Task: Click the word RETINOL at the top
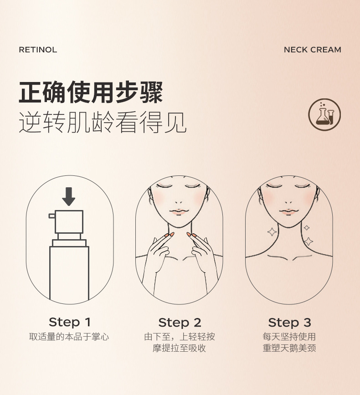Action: point(38,50)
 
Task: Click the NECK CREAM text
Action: point(312,50)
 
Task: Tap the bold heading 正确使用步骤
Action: point(91,92)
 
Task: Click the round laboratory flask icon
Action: point(324,114)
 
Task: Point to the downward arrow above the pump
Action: point(69,196)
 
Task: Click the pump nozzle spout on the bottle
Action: point(51,215)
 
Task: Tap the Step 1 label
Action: point(70,322)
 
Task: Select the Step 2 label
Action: point(180,323)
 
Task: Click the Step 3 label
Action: point(289,323)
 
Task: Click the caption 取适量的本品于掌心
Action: point(69,337)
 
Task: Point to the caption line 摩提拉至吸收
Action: point(180,349)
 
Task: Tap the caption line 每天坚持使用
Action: point(289,337)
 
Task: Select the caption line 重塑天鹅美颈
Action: point(289,349)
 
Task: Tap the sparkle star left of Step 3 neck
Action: point(272,232)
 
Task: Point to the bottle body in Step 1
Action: point(69,273)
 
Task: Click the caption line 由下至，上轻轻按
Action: point(180,337)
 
